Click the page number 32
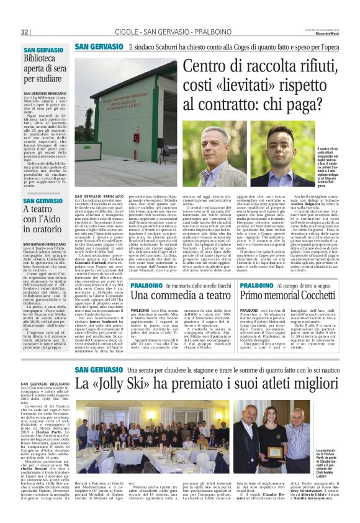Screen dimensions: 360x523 pos(25,32)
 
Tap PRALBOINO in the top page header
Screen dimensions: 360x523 pos(208,32)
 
